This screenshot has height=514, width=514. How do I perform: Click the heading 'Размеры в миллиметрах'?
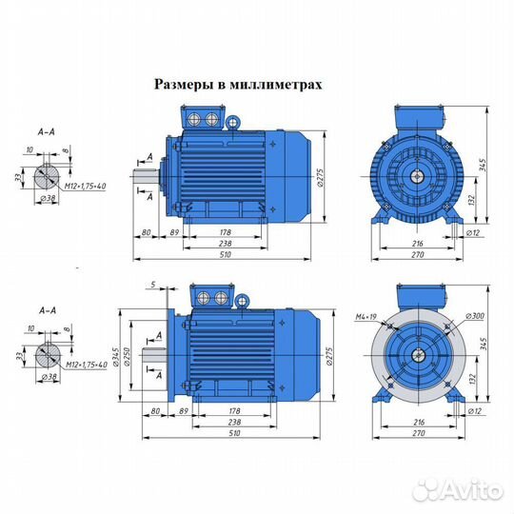click(239, 84)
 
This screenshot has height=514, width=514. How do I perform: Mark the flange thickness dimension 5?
click(152, 285)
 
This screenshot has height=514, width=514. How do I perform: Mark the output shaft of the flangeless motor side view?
click(146, 176)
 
